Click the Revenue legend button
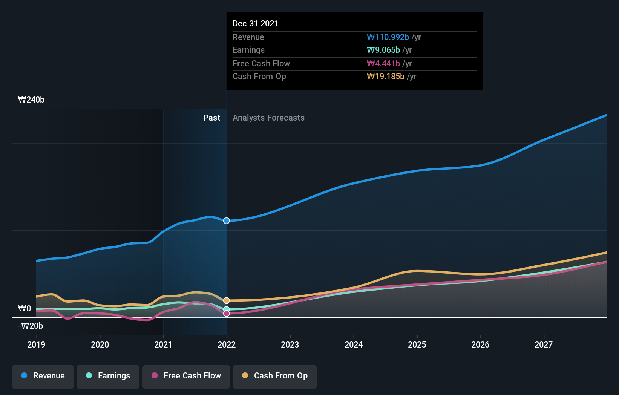(43, 376)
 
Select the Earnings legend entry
(108, 376)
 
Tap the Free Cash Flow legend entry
(186, 376)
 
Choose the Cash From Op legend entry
(275, 376)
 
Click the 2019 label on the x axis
(36, 345)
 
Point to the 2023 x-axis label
(290, 345)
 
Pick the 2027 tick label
(544, 345)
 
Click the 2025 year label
(417, 345)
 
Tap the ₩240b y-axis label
(31, 100)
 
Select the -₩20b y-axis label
(31, 326)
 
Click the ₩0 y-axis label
(25, 309)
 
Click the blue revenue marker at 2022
(227, 221)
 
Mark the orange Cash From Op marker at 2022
(227, 300)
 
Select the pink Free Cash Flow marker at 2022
(227, 314)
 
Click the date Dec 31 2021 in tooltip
(255, 24)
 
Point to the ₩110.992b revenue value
(388, 37)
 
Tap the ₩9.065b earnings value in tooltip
(383, 50)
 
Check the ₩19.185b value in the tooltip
(385, 77)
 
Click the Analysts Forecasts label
(268, 118)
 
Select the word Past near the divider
(211, 118)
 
